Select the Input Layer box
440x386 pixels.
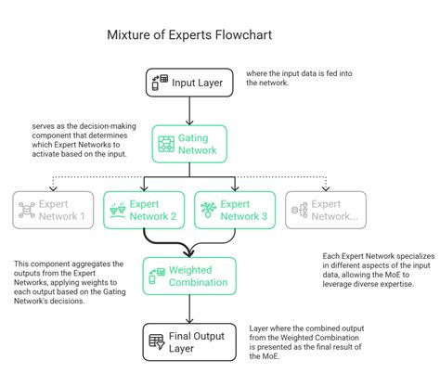pyautogui.click(x=189, y=82)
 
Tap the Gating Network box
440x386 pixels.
pyautogui.click(x=189, y=144)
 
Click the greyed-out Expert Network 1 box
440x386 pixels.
pyautogui.click(x=54, y=209)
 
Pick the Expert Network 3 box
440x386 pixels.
pyautogui.click(x=235, y=209)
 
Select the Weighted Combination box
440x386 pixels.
pyautogui.click(x=189, y=276)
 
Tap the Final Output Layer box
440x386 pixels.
pyautogui.click(x=189, y=341)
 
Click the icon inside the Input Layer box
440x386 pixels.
pyautogui.click(x=160, y=82)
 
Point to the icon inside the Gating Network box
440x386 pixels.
pyautogui.click(x=166, y=144)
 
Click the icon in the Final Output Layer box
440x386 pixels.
pyautogui.click(x=157, y=341)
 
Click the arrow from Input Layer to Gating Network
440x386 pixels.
pyautogui.click(x=189, y=111)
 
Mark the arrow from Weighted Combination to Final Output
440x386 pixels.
pyautogui.click(x=189, y=308)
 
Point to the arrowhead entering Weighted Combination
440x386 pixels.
pyautogui.click(x=189, y=251)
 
